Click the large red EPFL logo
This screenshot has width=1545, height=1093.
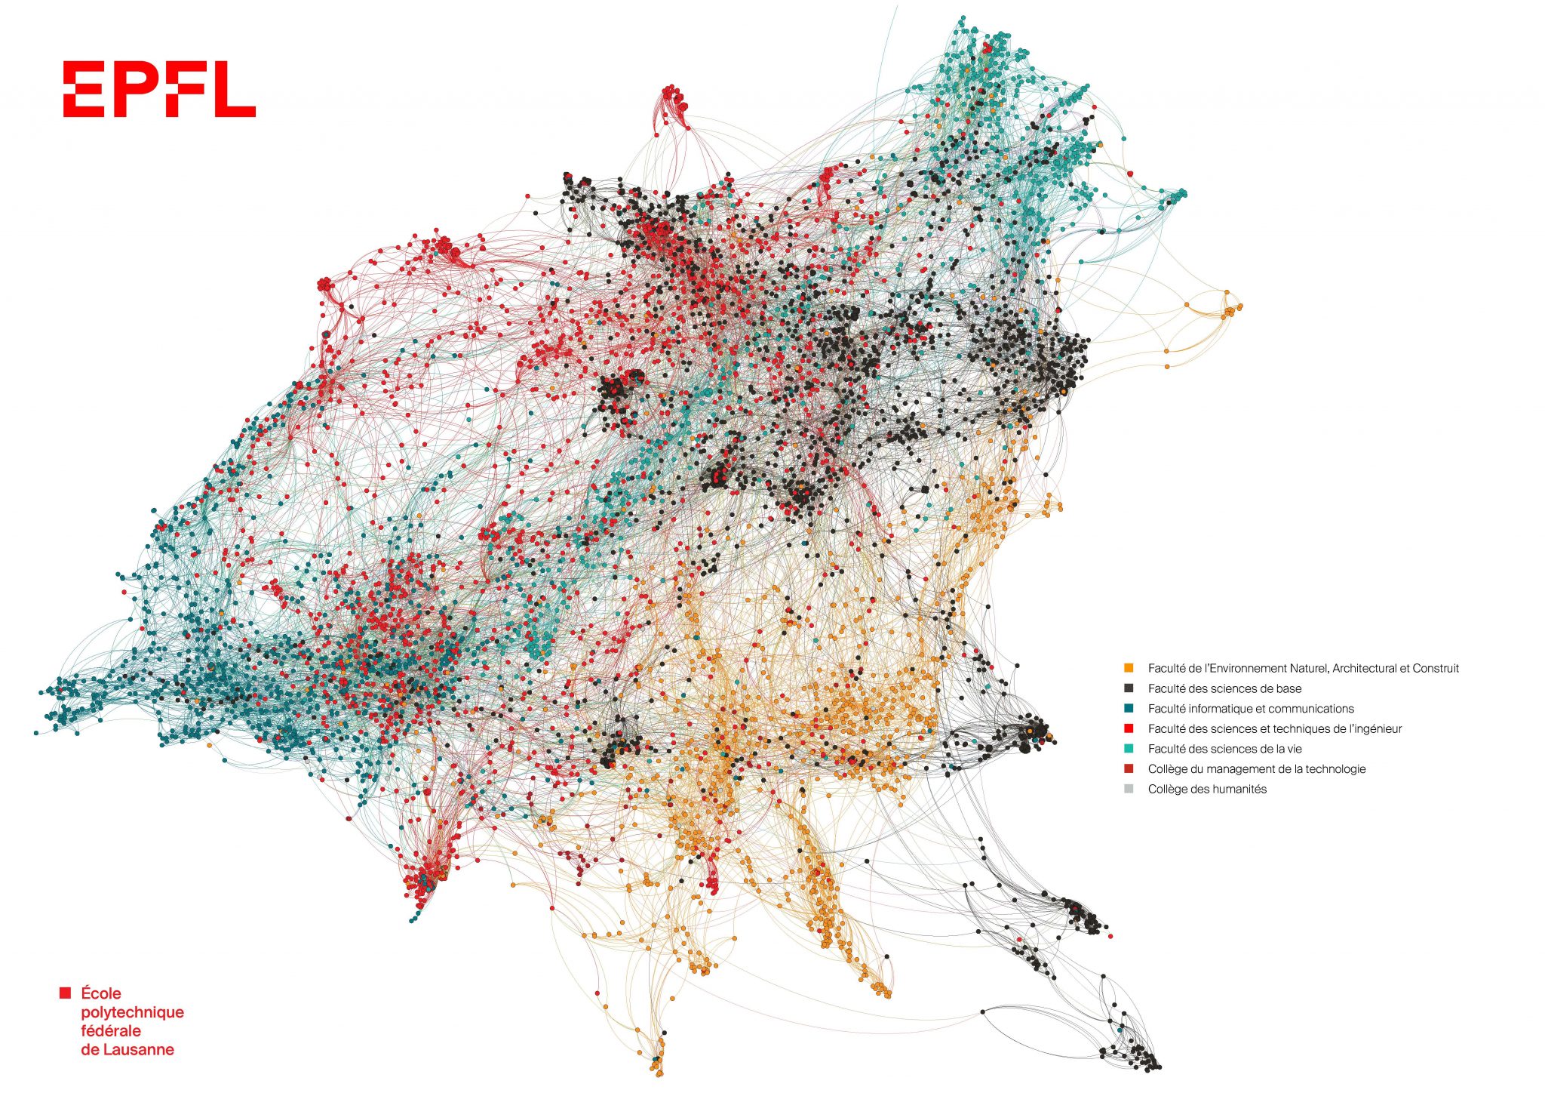click(x=159, y=89)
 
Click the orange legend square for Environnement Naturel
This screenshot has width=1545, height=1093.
click(x=1129, y=668)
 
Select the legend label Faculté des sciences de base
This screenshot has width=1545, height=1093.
click(x=1224, y=688)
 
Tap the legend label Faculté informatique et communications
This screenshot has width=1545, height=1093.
click(x=1251, y=709)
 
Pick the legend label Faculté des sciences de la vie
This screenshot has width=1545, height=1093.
click(x=1224, y=749)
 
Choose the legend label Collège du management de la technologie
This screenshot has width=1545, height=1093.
click(x=1257, y=769)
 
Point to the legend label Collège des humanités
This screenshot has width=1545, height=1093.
click(x=1207, y=790)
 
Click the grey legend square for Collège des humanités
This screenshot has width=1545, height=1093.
click(x=1129, y=789)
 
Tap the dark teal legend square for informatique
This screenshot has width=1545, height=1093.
click(x=1129, y=708)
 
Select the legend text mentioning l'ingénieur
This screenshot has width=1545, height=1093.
click(x=1275, y=729)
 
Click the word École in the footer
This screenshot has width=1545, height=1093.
click(x=101, y=993)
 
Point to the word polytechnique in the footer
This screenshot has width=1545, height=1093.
click(x=132, y=1012)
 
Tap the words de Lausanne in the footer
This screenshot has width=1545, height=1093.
click(x=127, y=1050)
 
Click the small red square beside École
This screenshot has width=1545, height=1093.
click(x=66, y=993)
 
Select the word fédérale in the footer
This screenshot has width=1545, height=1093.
click(x=111, y=1031)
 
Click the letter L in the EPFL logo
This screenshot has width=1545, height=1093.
click(x=235, y=89)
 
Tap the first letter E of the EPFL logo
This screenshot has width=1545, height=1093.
click(x=83, y=89)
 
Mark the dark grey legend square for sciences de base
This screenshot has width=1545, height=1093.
click(x=1129, y=688)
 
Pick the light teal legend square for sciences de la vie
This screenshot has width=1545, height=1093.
click(x=1129, y=749)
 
